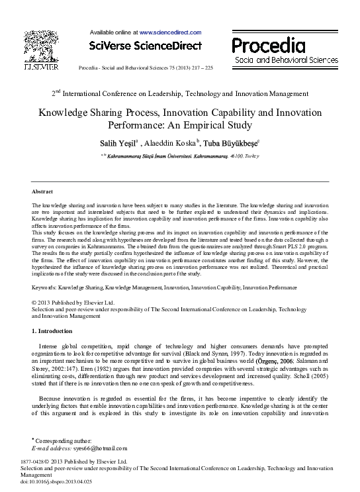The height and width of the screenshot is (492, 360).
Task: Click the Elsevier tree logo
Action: [x=41, y=46]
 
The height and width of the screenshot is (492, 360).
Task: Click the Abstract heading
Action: [x=43, y=191]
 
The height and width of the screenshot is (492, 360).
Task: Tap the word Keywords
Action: [x=46, y=287]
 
